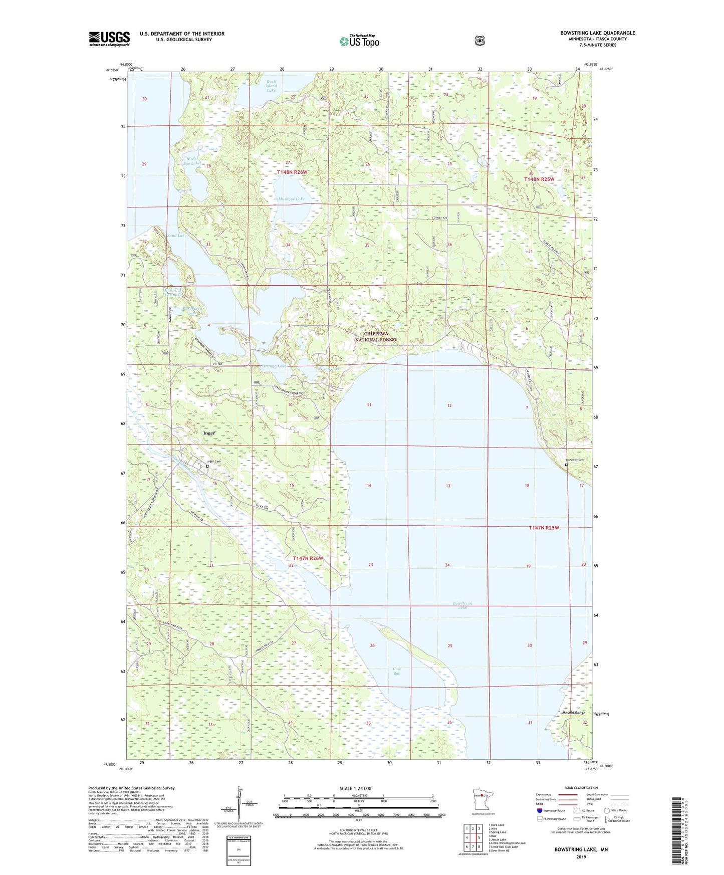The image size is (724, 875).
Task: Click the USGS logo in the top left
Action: point(109,39)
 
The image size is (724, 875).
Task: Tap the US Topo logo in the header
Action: point(359,41)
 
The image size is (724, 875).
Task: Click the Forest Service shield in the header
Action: point(480,40)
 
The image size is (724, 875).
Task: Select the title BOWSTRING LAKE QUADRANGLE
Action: point(597,33)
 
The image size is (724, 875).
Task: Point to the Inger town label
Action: point(209,433)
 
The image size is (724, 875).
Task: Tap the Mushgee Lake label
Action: point(292,199)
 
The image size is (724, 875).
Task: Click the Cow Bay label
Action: point(397,671)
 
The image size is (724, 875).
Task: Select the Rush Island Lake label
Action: point(271,86)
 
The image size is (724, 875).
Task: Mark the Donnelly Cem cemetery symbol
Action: point(566,465)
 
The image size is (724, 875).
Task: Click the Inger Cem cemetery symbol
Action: point(207,467)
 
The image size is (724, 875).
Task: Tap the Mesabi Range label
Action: point(573,713)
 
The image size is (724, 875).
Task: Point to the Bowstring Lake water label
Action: point(462,605)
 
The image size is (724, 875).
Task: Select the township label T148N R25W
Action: point(539,179)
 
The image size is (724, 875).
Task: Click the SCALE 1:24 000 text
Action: point(355,788)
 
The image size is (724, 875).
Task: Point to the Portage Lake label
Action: point(274,366)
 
